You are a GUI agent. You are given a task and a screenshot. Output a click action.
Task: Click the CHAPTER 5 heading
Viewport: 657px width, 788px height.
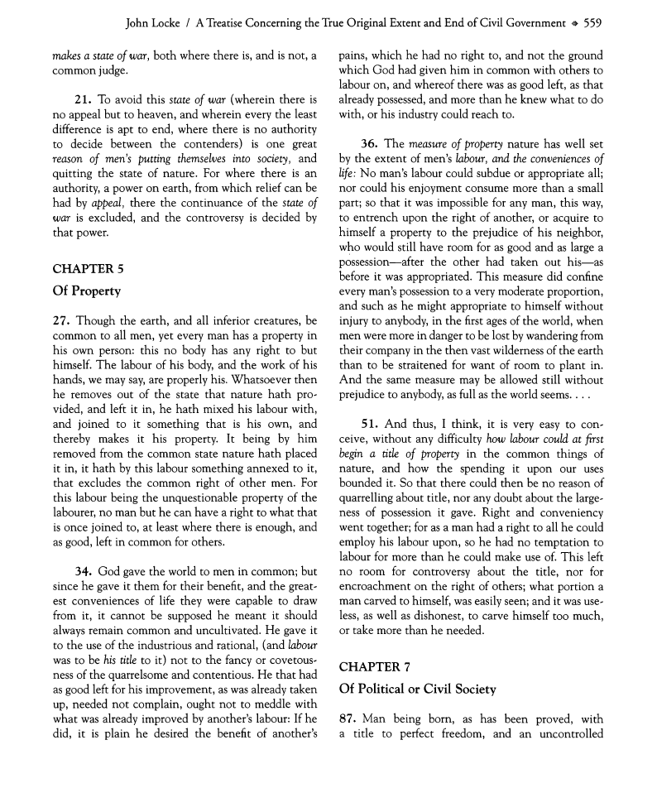tap(89, 268)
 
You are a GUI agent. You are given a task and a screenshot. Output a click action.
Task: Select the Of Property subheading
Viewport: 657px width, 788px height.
tap(86, 291)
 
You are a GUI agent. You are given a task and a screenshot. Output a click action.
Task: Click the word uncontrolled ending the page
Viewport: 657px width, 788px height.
tap(568, 734)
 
